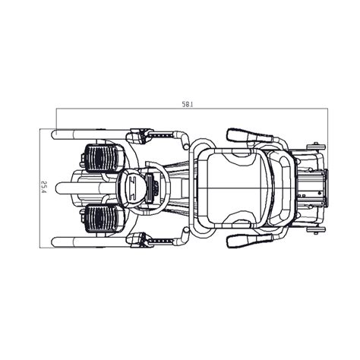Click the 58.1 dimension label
point(188,105)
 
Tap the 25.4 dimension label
point(45,187)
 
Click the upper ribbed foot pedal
point(103,158)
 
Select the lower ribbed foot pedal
point(103,219)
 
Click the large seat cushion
point(233,188)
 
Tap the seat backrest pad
point(280,188)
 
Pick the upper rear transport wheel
point(316,147)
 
